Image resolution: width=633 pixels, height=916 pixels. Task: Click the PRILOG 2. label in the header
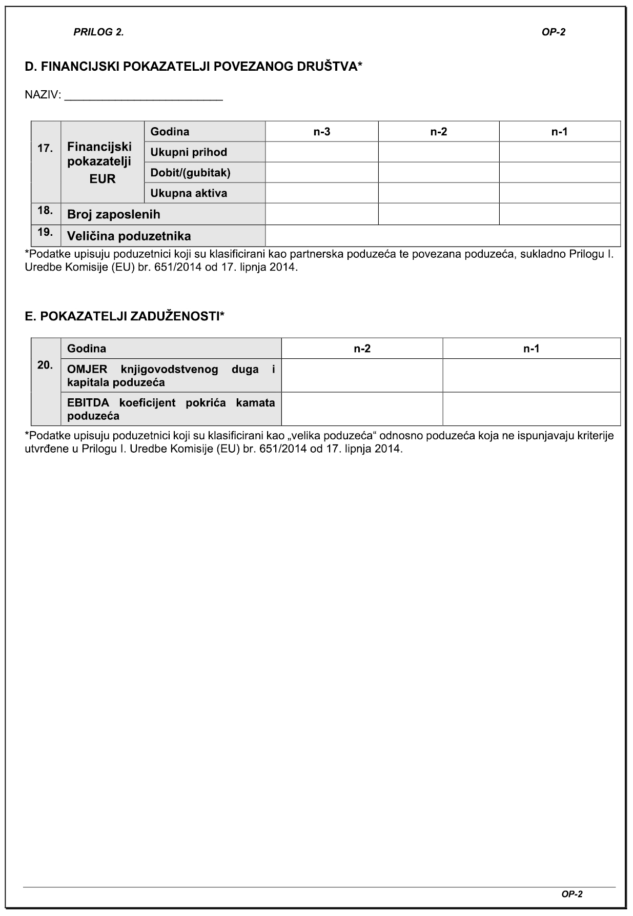point(98,32)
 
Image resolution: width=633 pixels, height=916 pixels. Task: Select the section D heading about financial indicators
point(194,66)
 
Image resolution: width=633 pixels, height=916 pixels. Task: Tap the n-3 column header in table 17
point(322,132)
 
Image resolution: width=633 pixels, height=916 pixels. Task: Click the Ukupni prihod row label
point(189,152)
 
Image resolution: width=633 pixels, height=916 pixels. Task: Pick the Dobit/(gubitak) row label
point(190,173)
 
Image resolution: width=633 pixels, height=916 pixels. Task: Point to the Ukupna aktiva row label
point(189,193)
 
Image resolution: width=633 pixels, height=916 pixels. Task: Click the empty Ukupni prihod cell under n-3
point(322,152)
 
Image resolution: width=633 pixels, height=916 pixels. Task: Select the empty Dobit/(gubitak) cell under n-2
point(439,173)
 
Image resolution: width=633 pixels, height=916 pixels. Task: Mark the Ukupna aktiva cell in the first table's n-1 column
point(560,193)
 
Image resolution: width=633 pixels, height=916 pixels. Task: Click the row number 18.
point(45,210)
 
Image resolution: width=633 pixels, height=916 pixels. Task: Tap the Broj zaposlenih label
point(114,214)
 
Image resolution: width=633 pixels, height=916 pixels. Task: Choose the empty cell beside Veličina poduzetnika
point(443,236)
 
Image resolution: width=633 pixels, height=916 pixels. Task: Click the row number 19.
point(45,232)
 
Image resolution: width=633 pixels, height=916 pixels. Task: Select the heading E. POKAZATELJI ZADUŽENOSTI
point(125,316)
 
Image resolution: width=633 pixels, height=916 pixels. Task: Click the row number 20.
point(45,365)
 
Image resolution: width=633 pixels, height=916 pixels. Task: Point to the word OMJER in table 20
point(87,369)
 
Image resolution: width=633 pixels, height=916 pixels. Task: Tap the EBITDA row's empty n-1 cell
point(532,409)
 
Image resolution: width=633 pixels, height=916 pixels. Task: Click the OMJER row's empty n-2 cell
point(362,376)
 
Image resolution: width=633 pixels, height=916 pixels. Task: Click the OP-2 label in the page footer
point(572,894)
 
